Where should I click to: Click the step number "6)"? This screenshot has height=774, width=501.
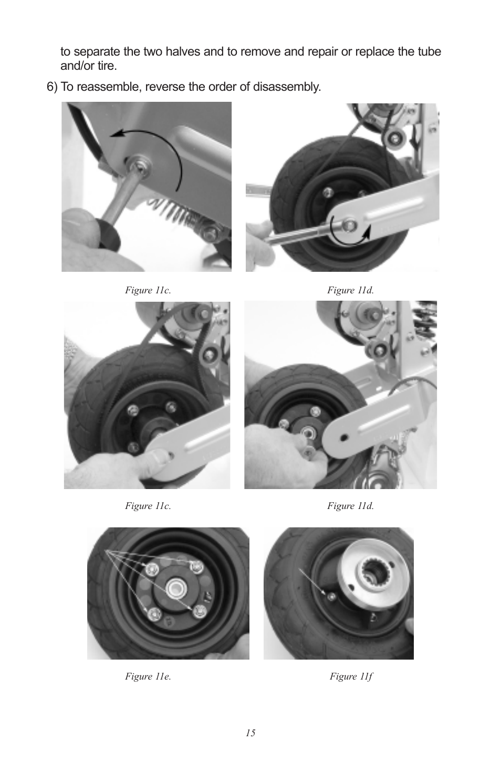52,87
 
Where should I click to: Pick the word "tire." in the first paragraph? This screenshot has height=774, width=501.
106,66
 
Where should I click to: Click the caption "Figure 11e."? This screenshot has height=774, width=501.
148,676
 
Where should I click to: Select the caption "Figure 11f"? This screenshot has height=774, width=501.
351,676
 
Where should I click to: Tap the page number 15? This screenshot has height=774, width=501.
250,733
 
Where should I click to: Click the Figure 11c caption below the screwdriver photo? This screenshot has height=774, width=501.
148,290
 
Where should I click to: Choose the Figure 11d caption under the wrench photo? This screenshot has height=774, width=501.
350,290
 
